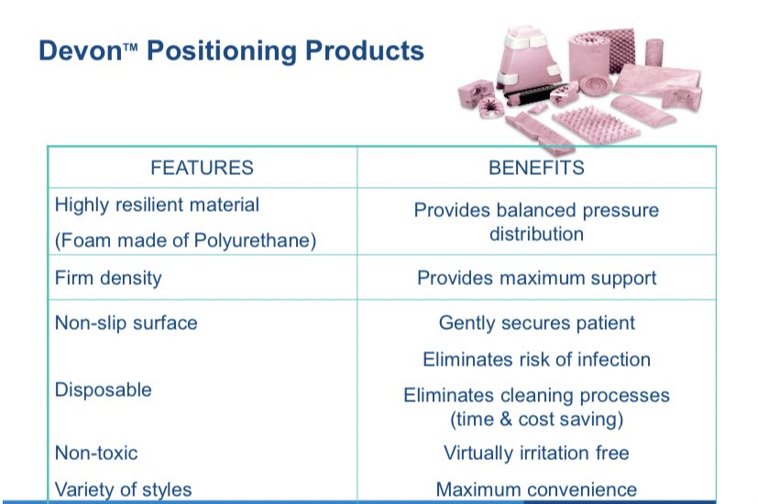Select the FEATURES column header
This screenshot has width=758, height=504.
[x=202, y=168]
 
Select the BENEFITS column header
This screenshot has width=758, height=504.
[x=536, y=168]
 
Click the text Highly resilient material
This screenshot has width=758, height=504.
[x=157, y=205]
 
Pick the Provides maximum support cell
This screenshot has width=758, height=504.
[x=536, y=277]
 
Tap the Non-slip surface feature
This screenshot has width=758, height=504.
[x=126, y=323]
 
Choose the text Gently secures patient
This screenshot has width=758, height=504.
[x=536, y=323]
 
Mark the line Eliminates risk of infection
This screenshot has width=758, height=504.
[x=536, y=359]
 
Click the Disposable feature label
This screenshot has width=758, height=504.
[x=103, y=389]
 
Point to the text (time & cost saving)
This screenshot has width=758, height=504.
[x=536, y=420]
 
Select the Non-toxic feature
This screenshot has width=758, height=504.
[x=96, y=453]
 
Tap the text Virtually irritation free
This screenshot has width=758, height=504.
[x=536, y=453]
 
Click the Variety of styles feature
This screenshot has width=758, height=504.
[x=123, y=489]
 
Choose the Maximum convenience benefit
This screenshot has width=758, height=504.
[x=536, y=489]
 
